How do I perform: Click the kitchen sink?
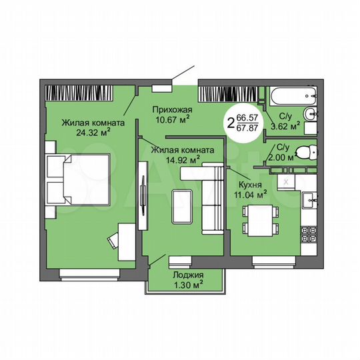pos(309,199)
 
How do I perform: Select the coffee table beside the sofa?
pos(182,207)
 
